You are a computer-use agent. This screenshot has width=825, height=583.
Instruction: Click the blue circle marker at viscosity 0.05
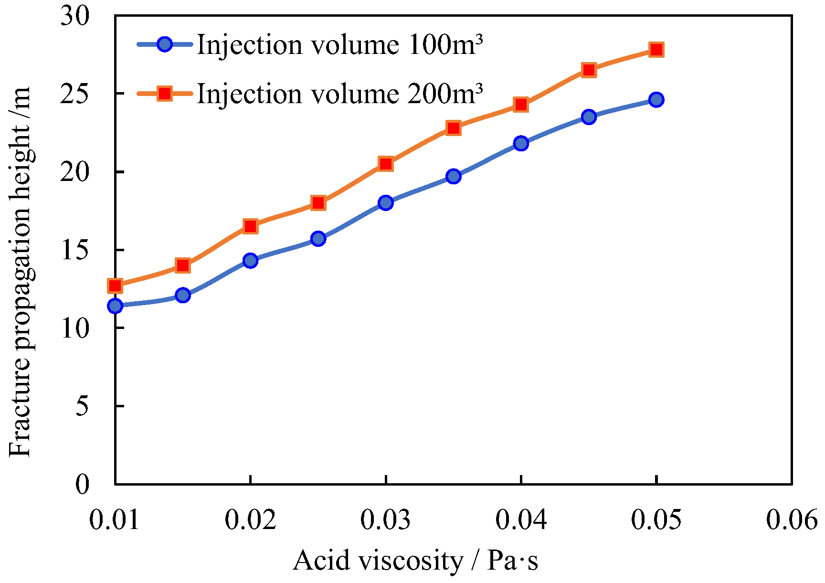click(x=656, y=100)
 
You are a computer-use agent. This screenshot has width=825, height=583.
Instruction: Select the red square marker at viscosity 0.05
click(x=656, y=50)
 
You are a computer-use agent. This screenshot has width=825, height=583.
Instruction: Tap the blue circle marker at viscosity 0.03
click(x=386, y=203)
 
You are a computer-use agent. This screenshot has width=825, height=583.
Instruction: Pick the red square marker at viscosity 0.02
click(x=250, y=226)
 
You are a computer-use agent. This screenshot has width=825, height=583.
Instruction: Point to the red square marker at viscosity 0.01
click(x=115, y=286)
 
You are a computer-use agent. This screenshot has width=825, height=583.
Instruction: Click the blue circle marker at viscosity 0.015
click(x=183, y=295)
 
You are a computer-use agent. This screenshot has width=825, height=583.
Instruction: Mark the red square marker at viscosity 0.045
click(x=589, y=70)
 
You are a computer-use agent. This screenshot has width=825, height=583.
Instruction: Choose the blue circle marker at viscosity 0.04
click(x=521, y=143)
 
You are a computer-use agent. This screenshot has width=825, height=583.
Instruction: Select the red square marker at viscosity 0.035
click(x=454, y=128)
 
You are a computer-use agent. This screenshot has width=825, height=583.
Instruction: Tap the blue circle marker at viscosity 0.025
click(x=318, y=239)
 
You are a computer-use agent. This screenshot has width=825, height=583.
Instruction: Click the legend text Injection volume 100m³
click(x=339, y=45)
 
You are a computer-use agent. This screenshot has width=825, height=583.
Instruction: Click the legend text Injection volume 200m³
click(x=339, y=93)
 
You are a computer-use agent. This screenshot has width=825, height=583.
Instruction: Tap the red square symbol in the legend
click(x=165, y=93)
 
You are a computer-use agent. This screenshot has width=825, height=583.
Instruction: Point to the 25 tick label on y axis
click(x=75, y=94)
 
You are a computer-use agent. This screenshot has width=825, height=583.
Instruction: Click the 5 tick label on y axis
click(x=82, y=406)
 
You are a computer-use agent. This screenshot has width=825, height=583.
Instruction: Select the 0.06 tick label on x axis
click(x=792, y=519)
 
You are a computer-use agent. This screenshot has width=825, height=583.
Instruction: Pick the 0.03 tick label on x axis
click(x=386, y=519)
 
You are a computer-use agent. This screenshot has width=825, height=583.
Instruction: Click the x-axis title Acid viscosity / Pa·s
click(x=415, y=560)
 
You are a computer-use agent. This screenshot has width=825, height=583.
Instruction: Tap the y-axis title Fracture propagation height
click(x=20, y=272)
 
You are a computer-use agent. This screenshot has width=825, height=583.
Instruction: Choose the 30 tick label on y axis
click(x=75, y=16)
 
